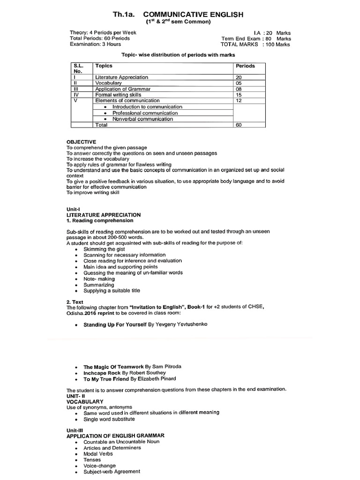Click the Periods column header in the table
pos(245,66)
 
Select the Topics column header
pos(104,66)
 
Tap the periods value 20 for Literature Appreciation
pos(239,77)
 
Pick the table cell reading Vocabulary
pos(108,83)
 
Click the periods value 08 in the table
pos(239,89)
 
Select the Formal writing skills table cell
pos(118,95)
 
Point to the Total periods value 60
pos(239,125)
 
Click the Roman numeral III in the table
pos(75,89)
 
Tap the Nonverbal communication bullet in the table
pos(142,119)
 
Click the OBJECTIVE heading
pos(81,142)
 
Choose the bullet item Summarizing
pos(98,285)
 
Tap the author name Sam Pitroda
pos(168,367)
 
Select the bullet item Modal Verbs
pos(98,454)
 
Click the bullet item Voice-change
pos(99,466)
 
